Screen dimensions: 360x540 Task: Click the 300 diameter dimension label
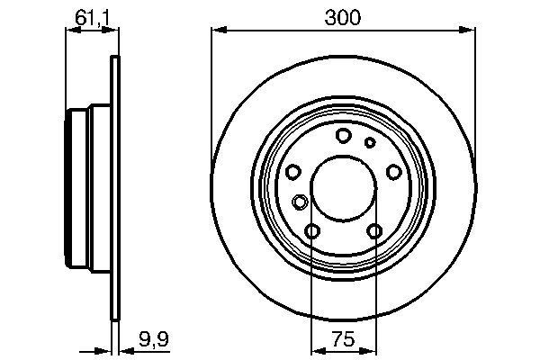[x=344, y=17]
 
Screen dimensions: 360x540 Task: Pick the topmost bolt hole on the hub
[x=343, y=136]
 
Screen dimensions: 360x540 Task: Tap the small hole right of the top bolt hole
[x=369, y=142]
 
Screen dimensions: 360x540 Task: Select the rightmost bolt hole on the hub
[x=393, y=173]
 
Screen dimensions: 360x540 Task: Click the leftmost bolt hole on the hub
[x=292, y=173]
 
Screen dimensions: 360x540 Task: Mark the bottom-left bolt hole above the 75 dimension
[x=312, y=232]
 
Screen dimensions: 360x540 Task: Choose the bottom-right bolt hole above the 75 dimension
[x=374, y=232]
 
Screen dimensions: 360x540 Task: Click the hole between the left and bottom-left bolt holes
[x=300, y=202]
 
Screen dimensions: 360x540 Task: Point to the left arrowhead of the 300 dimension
[x=217, y=31]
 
